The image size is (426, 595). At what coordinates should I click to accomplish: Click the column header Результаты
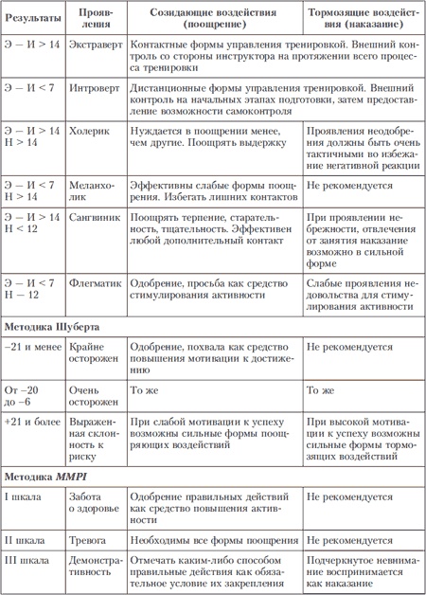[34, 18]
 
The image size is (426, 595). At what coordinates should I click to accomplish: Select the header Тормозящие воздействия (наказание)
[363, 18]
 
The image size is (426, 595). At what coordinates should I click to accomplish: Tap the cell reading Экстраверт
[98, 45]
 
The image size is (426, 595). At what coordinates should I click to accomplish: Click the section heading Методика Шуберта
[59, 326]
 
